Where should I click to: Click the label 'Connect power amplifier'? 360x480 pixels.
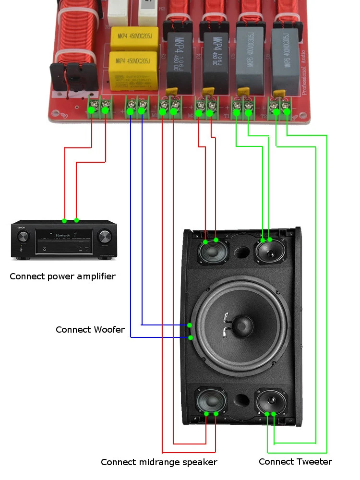tap(62, 276)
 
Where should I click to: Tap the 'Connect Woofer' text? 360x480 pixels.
tap(90, 330)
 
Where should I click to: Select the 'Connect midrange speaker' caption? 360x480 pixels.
tap(159, 462)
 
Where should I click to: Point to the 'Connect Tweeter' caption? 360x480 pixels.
tap(295, 462)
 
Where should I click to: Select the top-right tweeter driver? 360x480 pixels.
tap(270, 252)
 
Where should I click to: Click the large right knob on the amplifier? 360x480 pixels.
tap(105, 237)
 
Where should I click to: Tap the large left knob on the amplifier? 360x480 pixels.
tap(23, 237)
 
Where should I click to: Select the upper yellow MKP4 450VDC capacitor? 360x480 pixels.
tap(134, 38)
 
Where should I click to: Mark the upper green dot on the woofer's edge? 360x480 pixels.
tap(191, 325)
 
